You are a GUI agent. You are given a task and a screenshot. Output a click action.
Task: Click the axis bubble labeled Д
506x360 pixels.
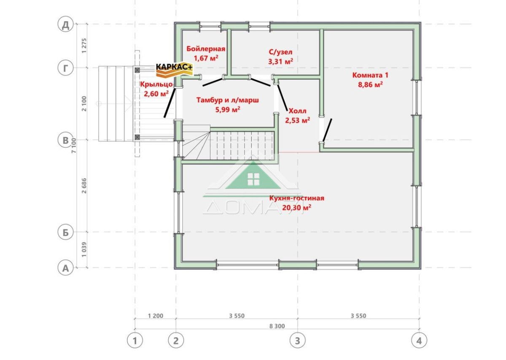coord(65,25)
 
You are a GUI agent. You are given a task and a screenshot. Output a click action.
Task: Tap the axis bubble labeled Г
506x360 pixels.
coord(65,68)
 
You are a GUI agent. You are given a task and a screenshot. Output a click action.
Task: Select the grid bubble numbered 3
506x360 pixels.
coord(298,341)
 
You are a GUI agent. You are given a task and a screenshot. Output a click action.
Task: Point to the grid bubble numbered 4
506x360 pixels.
coord(419,341)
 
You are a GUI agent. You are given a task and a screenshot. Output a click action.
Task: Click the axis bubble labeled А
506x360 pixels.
coord(65,268)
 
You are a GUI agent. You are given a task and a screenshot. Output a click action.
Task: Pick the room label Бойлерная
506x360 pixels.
coord(206,49)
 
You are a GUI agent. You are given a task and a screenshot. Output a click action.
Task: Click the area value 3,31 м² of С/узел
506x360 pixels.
coord(281,61)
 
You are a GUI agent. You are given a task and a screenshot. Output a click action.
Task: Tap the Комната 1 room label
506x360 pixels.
coord(370,75)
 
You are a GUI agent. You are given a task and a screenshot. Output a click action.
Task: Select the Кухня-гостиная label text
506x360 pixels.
coord(297,198)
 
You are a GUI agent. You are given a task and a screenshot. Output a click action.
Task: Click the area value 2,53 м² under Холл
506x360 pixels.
coord(298,120)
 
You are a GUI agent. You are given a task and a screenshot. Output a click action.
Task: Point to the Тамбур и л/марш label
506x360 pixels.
coord(228,100)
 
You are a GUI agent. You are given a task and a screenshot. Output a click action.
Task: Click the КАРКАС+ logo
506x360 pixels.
coord(175,69)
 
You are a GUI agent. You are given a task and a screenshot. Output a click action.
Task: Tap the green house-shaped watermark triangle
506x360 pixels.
coord(253,177)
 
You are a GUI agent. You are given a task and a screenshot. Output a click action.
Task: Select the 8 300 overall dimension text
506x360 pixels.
coord(277,326)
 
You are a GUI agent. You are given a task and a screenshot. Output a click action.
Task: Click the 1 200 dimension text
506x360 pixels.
coord(156,316)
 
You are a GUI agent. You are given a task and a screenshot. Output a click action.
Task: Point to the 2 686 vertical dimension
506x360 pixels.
coord(84,186)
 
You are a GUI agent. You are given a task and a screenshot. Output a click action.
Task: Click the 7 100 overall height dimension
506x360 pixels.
coord(74,146)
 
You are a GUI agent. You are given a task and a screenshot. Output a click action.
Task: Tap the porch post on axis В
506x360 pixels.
coord(137,137)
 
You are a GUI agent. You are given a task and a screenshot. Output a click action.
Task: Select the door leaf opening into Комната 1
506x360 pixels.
coord(327,130)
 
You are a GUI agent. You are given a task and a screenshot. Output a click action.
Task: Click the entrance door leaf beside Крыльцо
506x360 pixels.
coord(170,103)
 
